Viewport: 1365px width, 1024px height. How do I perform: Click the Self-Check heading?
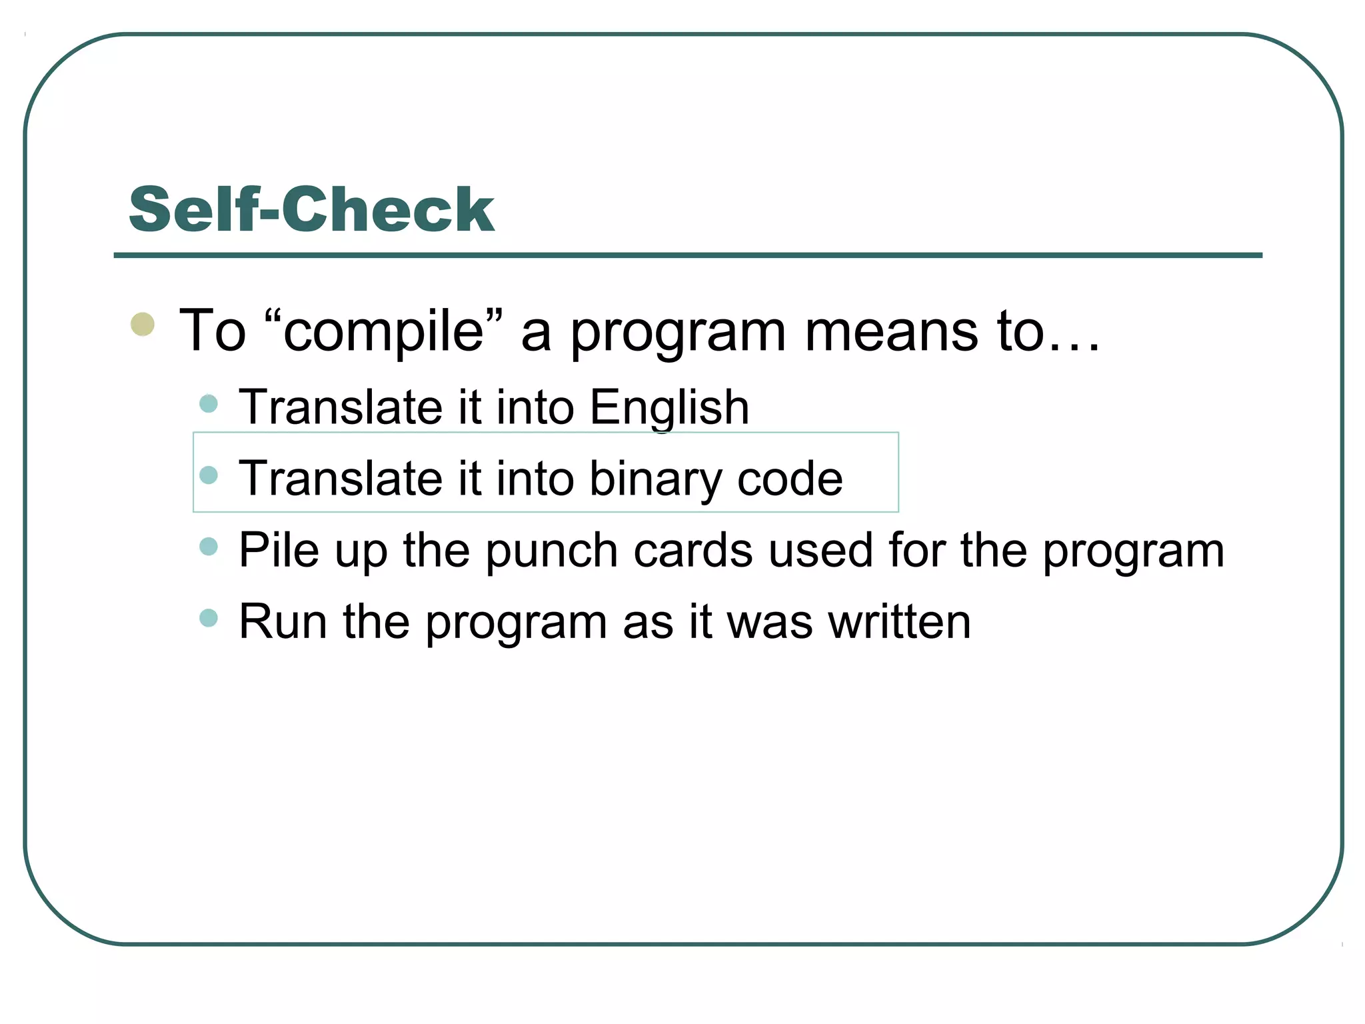(311, 209)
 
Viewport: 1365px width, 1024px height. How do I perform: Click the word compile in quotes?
(383, 331)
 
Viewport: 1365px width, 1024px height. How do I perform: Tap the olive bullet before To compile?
(143, 325)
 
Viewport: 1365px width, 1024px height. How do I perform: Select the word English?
(669, 407)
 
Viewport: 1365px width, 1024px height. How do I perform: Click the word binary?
(655, 479)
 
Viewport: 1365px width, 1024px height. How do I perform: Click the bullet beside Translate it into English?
(209, 403)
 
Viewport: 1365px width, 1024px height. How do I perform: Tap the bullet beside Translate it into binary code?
(209, 475)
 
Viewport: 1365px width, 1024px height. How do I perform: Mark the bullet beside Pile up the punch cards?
(209, 547)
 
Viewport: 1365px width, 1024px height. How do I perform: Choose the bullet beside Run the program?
(209, 618)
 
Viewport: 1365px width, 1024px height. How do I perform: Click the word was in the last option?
(769, 623)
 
